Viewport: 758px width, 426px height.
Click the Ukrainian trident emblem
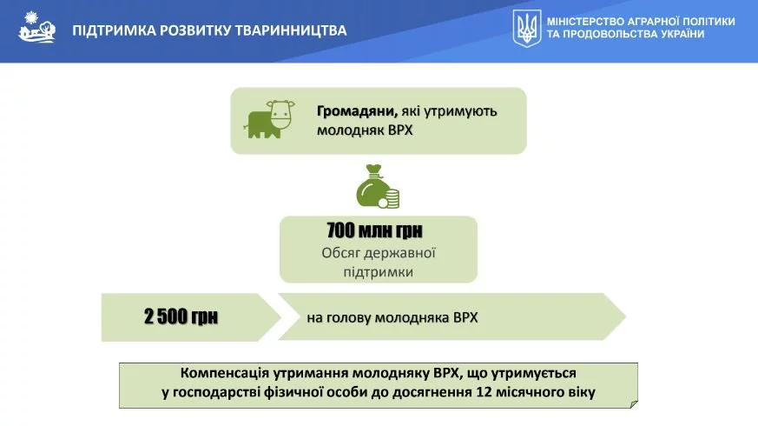coord(526,28)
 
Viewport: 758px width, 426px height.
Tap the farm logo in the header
coord(36,27)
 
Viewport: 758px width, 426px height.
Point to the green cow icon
coord(269,119)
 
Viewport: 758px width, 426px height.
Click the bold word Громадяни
coord(357,111)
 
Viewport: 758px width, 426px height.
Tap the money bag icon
coord(373,186)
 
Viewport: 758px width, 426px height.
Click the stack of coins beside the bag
coord(390,198)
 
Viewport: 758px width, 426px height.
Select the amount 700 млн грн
coord(374,230)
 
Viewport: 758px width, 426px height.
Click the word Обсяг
coord(341,253)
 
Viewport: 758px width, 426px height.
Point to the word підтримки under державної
coord(379,272)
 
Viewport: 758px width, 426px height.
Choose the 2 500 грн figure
coord(181,316)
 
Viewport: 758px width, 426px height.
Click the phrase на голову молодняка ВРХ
coord(392,317)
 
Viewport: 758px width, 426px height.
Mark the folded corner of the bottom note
coord(634,404)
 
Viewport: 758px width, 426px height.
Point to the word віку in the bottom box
coord(582,392)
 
